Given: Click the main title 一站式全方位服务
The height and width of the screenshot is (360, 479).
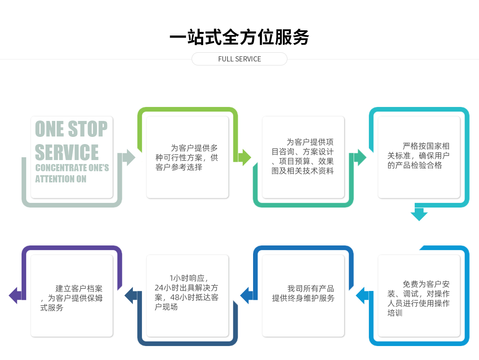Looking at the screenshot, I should (239, 37).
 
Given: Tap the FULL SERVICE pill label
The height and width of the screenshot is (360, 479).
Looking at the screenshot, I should (239, 59).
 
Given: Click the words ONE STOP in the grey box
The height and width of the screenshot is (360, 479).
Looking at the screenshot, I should (71, 129).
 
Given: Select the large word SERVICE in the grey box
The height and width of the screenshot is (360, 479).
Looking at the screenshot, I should (67, 152).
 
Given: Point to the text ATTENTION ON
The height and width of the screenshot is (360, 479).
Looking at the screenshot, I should (61, 179).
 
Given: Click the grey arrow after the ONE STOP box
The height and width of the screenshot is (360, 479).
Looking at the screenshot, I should (129, 158).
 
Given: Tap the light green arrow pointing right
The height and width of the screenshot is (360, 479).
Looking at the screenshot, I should (244, 158).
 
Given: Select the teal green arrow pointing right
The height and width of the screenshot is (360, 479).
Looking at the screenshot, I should (360, 158).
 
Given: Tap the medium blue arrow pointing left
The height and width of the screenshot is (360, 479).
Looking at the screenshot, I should (246, 296).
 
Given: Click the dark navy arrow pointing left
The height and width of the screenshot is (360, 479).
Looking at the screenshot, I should (131, 296).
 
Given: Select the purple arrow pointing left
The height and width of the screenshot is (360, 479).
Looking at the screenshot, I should (15, 296).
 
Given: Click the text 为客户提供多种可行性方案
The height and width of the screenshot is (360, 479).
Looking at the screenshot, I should (187, 158).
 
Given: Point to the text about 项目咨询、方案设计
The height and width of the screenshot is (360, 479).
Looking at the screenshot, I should (303, 156).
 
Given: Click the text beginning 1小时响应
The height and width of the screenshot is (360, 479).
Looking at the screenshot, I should (187, 293).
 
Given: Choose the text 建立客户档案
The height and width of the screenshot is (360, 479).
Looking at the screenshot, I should (72, 298).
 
